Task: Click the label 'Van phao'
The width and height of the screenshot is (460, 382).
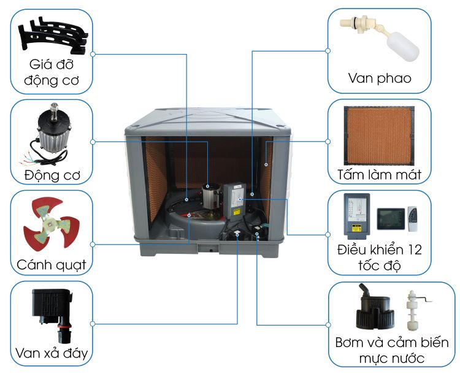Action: click(x=379, y=78)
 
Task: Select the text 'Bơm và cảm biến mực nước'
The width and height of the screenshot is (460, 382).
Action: click(x=392, y=350)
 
